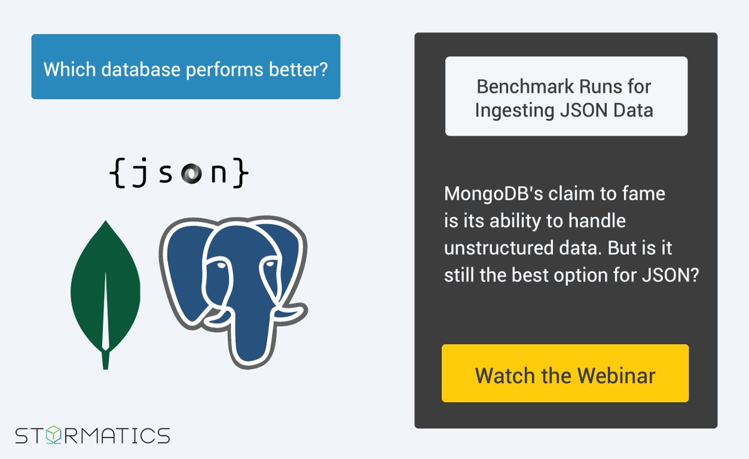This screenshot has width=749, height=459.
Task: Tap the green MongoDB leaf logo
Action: pyautogui.click(x=105, y=287)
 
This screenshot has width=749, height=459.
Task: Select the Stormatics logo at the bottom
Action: pyautogui.click(x=92, y=435)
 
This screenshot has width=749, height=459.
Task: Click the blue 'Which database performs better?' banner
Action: pyautogui.click(x=185, y=67)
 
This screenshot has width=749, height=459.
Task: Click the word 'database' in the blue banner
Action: pyautogui.click(x=132, y=69)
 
